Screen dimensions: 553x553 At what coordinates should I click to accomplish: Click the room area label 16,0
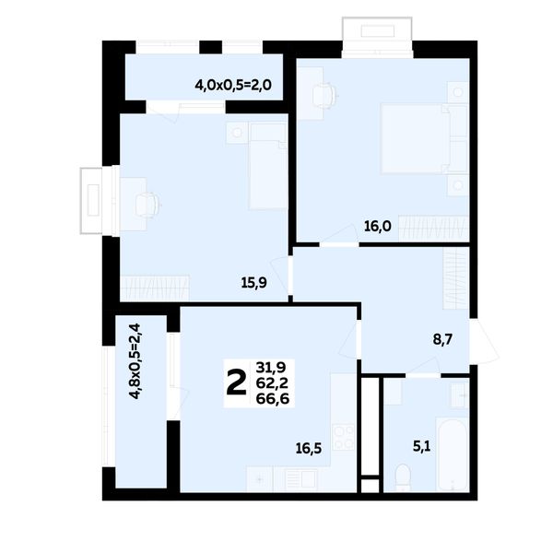tap(377, 226)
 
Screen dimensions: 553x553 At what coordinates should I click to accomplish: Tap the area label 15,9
tap(253, 283)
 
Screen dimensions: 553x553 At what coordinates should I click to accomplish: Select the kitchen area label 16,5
tap(309, 449)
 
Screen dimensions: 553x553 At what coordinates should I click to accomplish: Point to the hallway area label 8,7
tap(442, 340)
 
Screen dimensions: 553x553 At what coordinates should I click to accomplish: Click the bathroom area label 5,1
tap(422, 447)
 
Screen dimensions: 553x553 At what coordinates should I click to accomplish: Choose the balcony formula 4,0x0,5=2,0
tap(233, 86)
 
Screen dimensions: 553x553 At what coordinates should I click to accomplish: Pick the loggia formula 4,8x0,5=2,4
tap(135, 360)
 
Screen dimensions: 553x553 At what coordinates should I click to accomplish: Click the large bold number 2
tap(236, 383)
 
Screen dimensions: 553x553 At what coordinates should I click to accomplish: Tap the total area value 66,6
tap(273, 399)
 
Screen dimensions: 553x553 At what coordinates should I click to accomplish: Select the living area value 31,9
tap(271, 368)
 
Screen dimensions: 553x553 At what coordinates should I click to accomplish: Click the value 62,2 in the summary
tap(272, 383)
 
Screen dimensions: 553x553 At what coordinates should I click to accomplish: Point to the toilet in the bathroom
tap(402, 477)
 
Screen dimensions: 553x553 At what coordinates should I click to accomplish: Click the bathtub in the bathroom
tap(453, 454)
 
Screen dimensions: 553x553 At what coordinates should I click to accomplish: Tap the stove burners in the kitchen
tap(344, 437)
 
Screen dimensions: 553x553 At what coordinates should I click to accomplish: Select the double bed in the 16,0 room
tap(424, 138)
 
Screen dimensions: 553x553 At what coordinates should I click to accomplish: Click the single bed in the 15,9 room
tap(268, 166)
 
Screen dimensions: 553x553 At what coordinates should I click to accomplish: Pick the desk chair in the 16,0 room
tap(324, 93)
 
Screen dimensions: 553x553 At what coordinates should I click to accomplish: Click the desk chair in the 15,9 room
tap(148, 205)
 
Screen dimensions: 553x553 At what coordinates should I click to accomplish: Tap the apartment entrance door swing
tap(484, 341)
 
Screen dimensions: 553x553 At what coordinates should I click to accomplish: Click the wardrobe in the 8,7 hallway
tap(456, 278)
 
